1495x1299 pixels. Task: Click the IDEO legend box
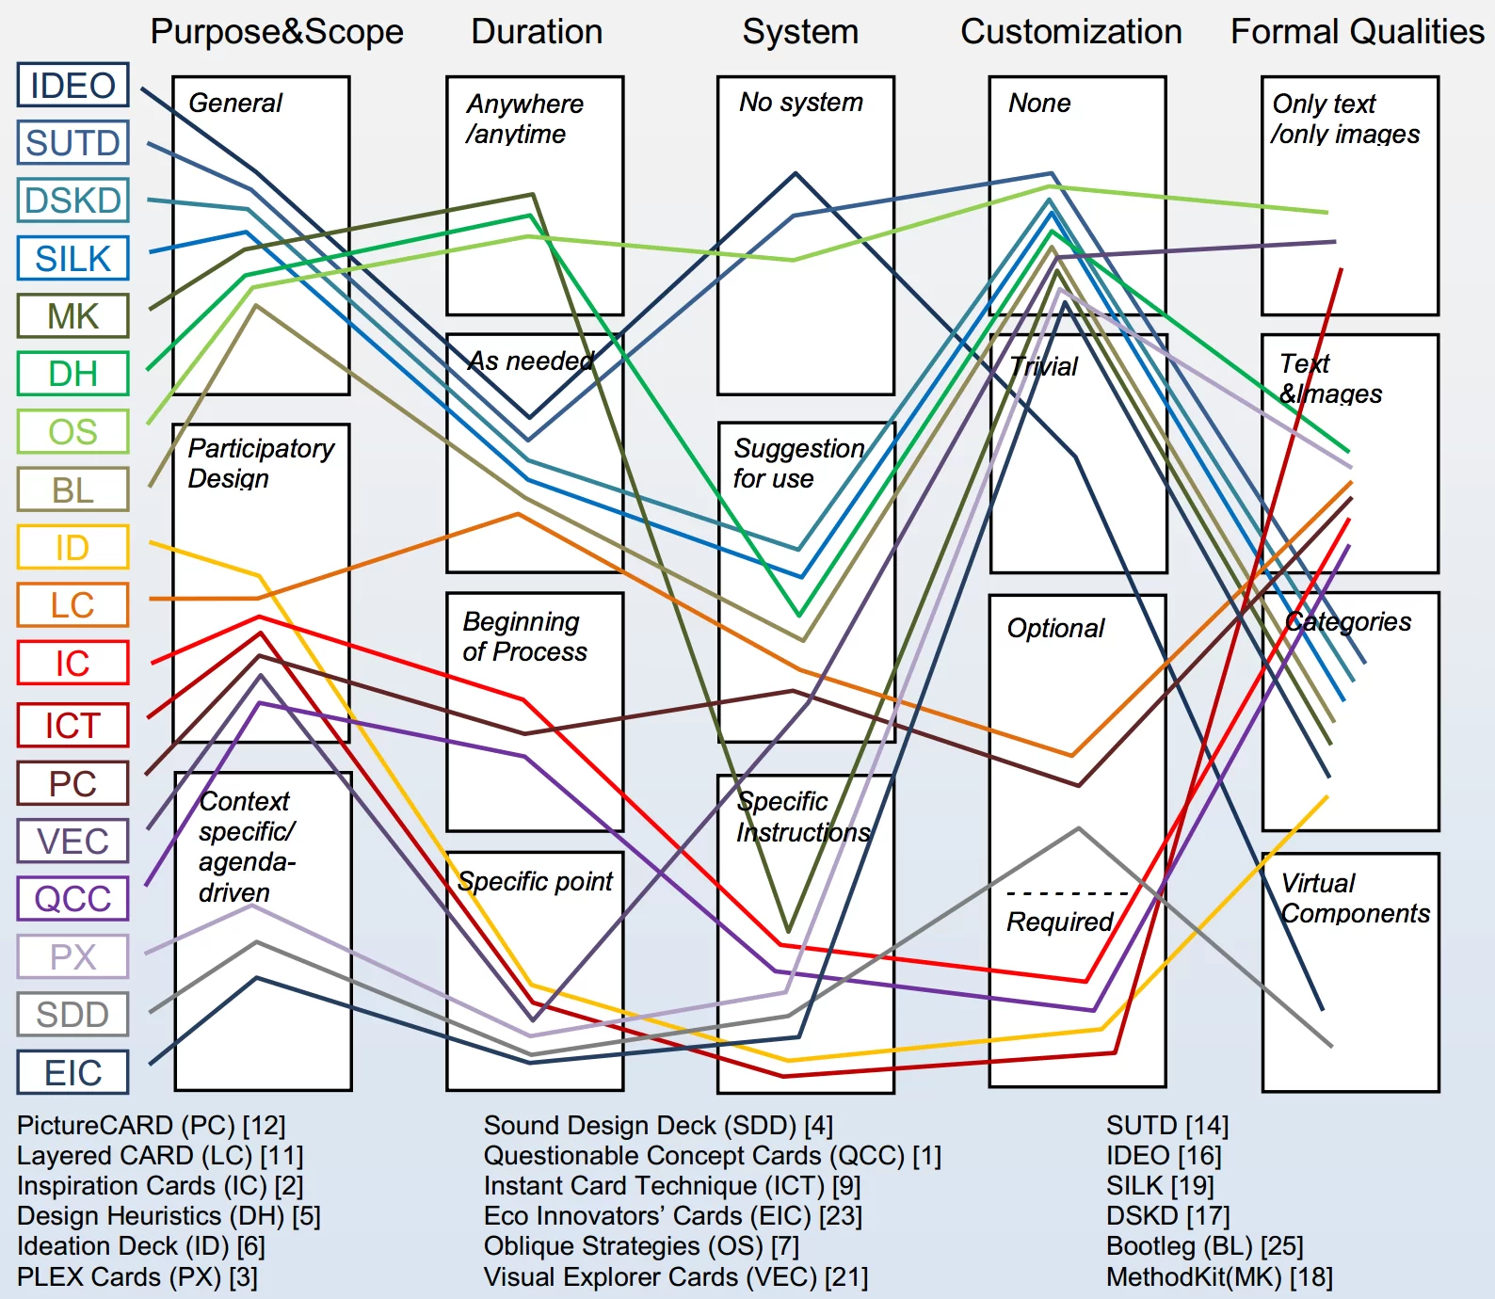click(72, 86)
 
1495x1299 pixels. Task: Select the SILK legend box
click(72, 258)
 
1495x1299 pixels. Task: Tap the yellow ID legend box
click(72, 547)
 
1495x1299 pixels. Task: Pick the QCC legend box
click(72, 899)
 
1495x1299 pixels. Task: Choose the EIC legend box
click(72, 1072)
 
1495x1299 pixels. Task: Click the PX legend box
click(72, 956)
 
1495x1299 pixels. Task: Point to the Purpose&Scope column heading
click(277, 32)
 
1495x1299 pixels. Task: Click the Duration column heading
click(537, 32)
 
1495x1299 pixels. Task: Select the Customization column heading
click(1070, 32)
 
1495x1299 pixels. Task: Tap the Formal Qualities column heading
click(1357, 32)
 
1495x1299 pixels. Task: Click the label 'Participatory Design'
click(260, 463)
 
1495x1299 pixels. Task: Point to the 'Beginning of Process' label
click(523, 636)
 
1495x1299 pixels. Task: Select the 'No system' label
click(800, 102)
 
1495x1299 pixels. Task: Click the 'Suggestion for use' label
click(797, 463)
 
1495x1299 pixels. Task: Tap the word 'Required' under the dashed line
click(1059, 922)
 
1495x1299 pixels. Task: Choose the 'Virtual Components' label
click(1354, 898)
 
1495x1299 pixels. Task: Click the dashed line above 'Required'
click(1067, 893)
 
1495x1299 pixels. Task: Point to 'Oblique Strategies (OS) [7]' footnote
click(641, 1246)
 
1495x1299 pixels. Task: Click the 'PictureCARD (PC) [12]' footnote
click(151, 1126)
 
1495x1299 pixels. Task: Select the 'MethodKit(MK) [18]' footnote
click(1219, 1277)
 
